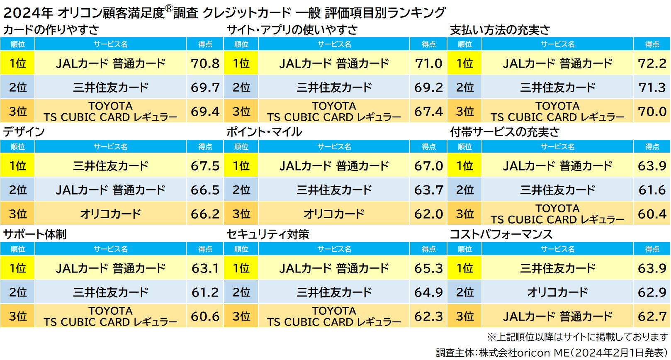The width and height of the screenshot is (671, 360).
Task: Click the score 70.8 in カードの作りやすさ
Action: [205, 63]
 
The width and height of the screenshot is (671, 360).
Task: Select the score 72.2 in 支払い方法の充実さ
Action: [652, 63]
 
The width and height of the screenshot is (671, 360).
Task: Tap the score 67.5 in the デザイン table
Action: [205, 166]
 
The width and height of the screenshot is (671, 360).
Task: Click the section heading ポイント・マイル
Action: [264, 132]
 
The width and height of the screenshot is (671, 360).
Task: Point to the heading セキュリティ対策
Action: [268, 234]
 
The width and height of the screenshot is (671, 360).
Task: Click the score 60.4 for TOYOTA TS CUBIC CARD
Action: [652, 214]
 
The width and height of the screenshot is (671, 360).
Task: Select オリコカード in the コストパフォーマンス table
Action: [557, 292]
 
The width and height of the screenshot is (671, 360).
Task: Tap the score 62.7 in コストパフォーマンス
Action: [652, 316]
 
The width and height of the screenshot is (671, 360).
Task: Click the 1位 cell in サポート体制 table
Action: [18, 268]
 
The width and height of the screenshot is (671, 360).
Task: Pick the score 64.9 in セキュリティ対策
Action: [428, 292]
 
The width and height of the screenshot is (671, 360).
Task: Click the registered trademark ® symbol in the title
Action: [169, 8]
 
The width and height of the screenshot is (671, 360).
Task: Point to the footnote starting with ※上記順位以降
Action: [577, 337]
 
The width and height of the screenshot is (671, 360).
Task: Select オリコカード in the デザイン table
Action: [110, 214]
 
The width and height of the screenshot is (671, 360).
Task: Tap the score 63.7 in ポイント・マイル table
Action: [428, 190]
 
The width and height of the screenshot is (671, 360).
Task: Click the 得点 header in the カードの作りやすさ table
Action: [205, 44]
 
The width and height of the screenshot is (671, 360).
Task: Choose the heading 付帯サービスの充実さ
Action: [505, 132]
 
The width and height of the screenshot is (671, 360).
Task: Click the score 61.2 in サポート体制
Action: [205, 292]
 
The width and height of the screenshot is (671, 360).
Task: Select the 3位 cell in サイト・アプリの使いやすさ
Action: [241, 111]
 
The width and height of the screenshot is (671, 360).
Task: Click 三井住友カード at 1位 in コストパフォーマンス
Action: [557, 268]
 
